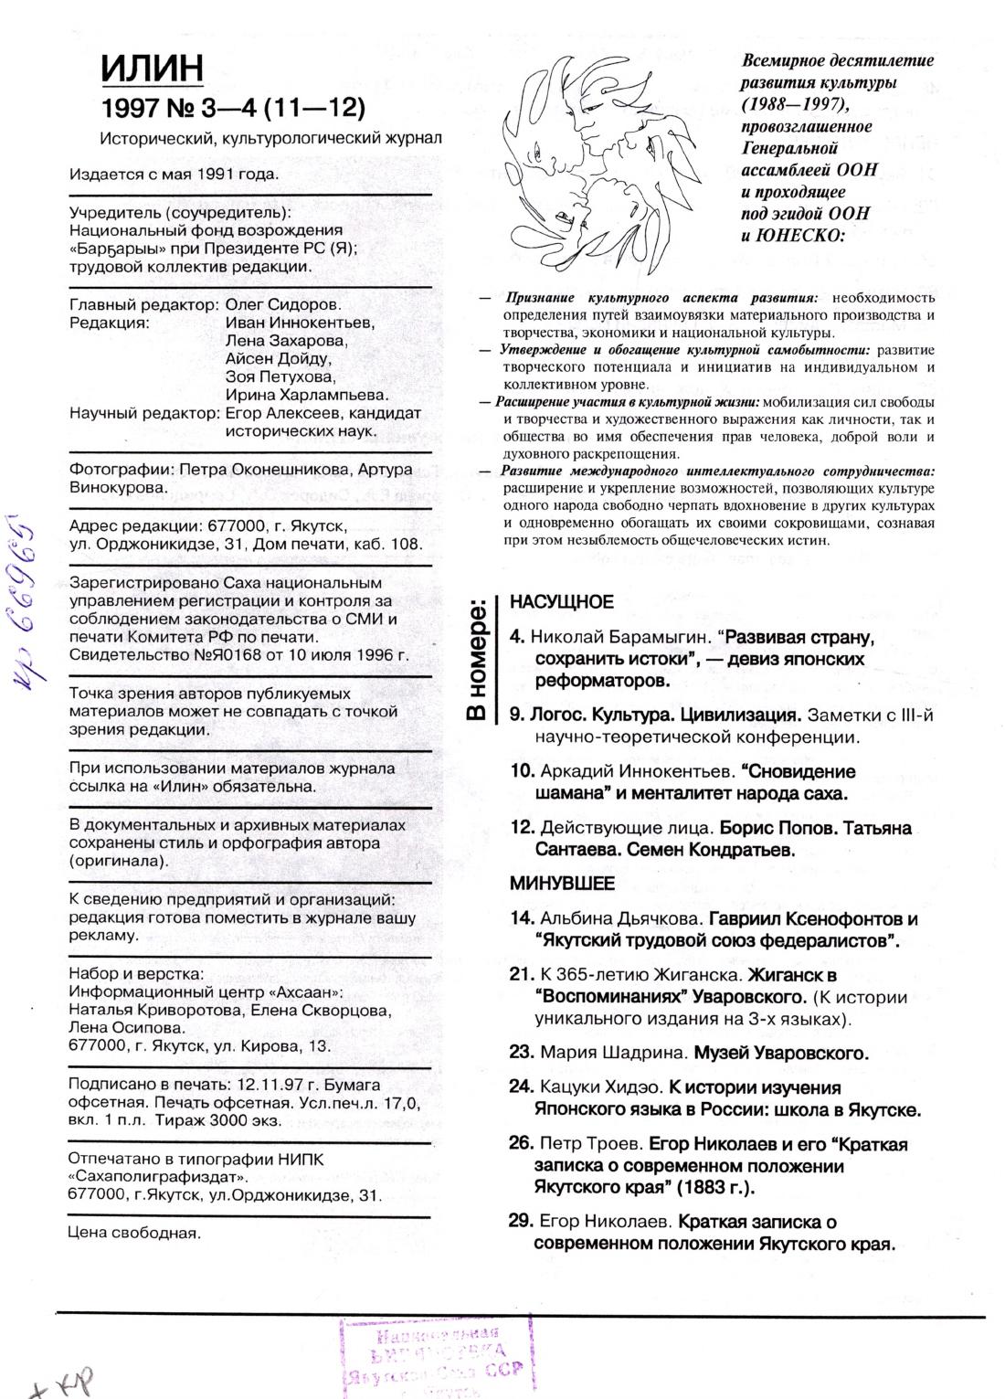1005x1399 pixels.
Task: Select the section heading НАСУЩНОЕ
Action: [x=561, y=602]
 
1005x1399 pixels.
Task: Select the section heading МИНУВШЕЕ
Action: [x=562, y=884]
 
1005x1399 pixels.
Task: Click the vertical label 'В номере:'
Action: [x=476, y=659]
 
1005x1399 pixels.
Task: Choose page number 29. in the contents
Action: [x=521, y=1222]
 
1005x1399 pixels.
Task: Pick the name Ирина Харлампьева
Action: [x=307, y=395]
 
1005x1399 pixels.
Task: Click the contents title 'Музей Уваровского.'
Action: [x=780, y=1052]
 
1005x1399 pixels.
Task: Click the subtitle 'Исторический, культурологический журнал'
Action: [x=272, y=138]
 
